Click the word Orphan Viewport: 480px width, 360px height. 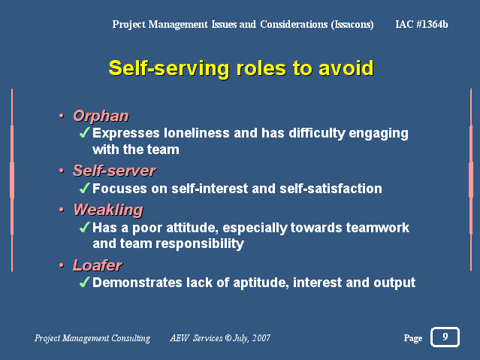(101, 116)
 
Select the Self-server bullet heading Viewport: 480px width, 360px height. (114, 171)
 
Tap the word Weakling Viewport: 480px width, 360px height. (108, 210)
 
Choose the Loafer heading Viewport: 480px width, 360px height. (98, 265)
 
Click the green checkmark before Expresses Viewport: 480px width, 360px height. (84, 132)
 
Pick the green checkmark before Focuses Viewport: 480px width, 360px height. (84, 188)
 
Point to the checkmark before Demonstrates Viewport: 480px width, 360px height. (84, 282)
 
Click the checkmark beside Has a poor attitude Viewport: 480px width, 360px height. (84, 227)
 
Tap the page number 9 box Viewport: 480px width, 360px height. (445, 337)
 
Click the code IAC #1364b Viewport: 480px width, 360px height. (421, 24)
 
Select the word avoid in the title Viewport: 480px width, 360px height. (346, 68)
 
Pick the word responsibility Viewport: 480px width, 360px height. (200, 244)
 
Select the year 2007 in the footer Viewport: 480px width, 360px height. (261, 338)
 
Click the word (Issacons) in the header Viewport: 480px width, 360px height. (352, 25)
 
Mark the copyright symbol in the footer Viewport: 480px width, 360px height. (228, 338)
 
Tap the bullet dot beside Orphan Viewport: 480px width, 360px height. (62, 116)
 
